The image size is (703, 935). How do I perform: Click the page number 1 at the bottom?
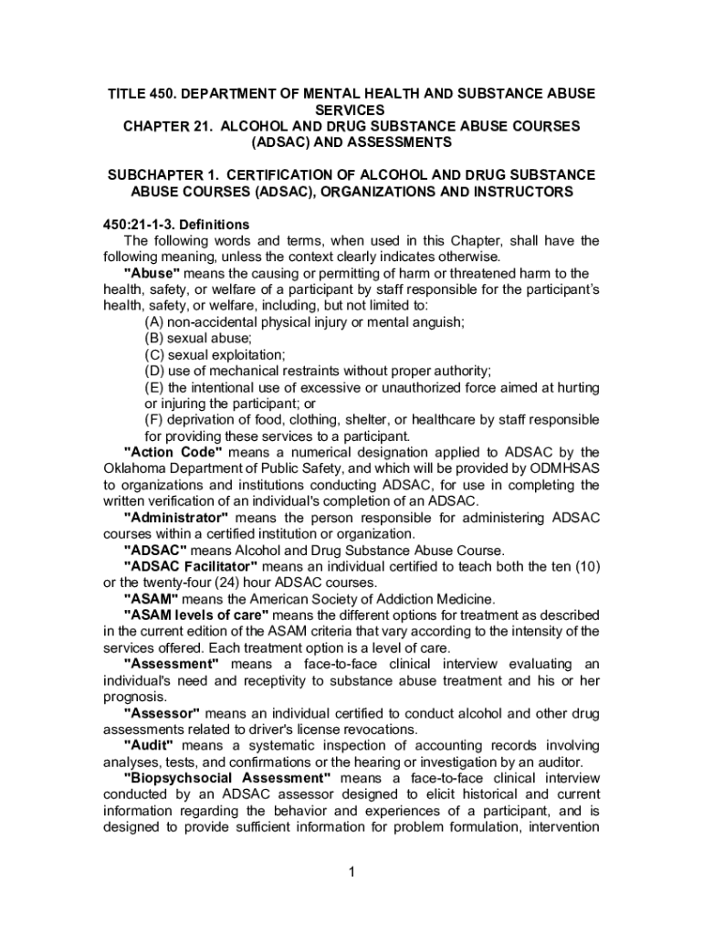coord(351,872)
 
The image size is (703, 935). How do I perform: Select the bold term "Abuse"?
coord(152,274)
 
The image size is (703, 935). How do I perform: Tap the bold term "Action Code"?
coord(173,453)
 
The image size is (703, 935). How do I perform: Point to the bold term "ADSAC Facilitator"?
coord(190,567)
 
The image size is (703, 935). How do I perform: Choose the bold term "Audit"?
coord(148,746)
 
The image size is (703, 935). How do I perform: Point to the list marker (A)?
coord(154,322)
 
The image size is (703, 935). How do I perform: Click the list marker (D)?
coord(154,371)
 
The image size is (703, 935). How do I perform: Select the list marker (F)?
coord(154,420)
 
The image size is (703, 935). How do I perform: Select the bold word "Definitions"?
coord(218,225)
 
